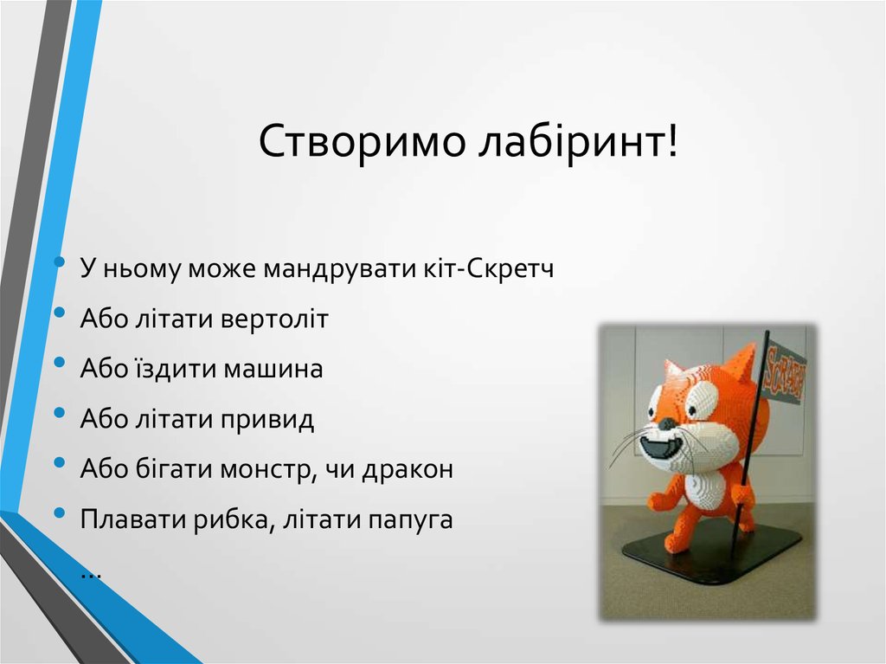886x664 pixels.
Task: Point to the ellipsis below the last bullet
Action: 91,572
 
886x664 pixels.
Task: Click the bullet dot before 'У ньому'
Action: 58,262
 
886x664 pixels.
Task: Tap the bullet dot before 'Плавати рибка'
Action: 58,515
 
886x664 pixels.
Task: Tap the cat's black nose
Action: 665,424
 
